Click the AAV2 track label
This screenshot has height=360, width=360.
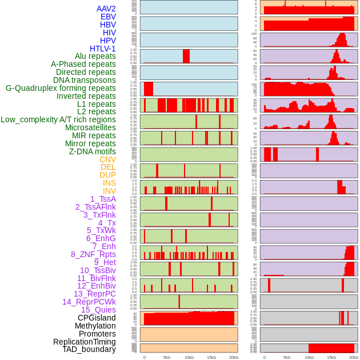pyautogui.click(x=106, y=9)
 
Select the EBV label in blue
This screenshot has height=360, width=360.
pyautogui.click(x=107, y=17)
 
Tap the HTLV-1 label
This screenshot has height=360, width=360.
pyautogui.click(x=102, y=49)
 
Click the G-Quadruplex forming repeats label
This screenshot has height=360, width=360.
pyautogui.click(x=61, y=88)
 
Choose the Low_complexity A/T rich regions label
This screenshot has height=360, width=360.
pyautogui.click(x=58, y=119)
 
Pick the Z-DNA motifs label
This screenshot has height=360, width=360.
pyautogui.click(x=92, y=151)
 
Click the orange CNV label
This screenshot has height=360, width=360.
pyautogui.click(x=107, y=159)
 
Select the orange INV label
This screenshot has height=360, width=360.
pyautogui.click(x=109, y=191)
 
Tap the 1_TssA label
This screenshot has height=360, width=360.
pyautogui.click(x=103, y=199)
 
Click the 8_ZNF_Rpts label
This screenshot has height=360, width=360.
pyautogui.click(x=93, y=254)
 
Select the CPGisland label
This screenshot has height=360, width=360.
pyautogui.click(x=97, y=318)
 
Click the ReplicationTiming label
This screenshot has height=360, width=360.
pyautogui.click(x=84, y=342)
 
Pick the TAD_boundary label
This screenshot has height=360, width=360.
pyautogui.click(x=89, y=349)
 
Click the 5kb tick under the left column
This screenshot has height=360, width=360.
pyautogui.click(x=167, y=357)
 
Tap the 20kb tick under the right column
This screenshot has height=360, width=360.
pyautogui.click(x=354, y=357)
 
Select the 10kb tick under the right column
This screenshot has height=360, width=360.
pyautogui.click(x=309, y=357)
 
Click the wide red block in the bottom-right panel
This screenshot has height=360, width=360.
pyautogui.click(x=331, y=348)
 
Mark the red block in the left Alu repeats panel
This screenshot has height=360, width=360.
pyautogui.click(x=186, y=56)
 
